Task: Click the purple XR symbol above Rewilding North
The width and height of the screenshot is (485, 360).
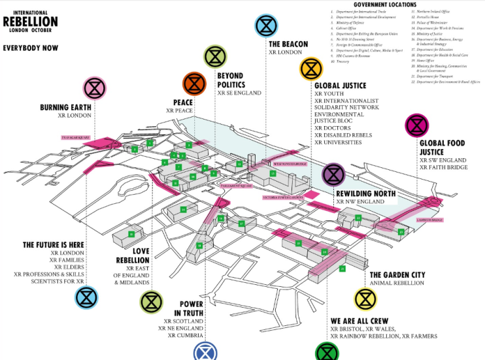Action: pos(333,174)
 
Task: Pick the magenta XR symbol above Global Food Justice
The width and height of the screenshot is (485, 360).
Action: pos(416,124)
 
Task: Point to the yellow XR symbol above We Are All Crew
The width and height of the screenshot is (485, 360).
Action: pos(365,299)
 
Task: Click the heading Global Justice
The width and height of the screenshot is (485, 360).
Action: pos(340,85)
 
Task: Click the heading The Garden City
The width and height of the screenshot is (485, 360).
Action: pos(397,274)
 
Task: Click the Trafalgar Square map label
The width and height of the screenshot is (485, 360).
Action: pos(74,139)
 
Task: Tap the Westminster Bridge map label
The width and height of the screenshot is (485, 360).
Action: pos(290,163)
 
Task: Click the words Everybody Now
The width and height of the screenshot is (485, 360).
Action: pos(31,48)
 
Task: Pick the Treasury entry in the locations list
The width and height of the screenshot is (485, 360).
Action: pos(343,61)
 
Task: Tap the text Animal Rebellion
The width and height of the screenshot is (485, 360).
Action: pos(397,283)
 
